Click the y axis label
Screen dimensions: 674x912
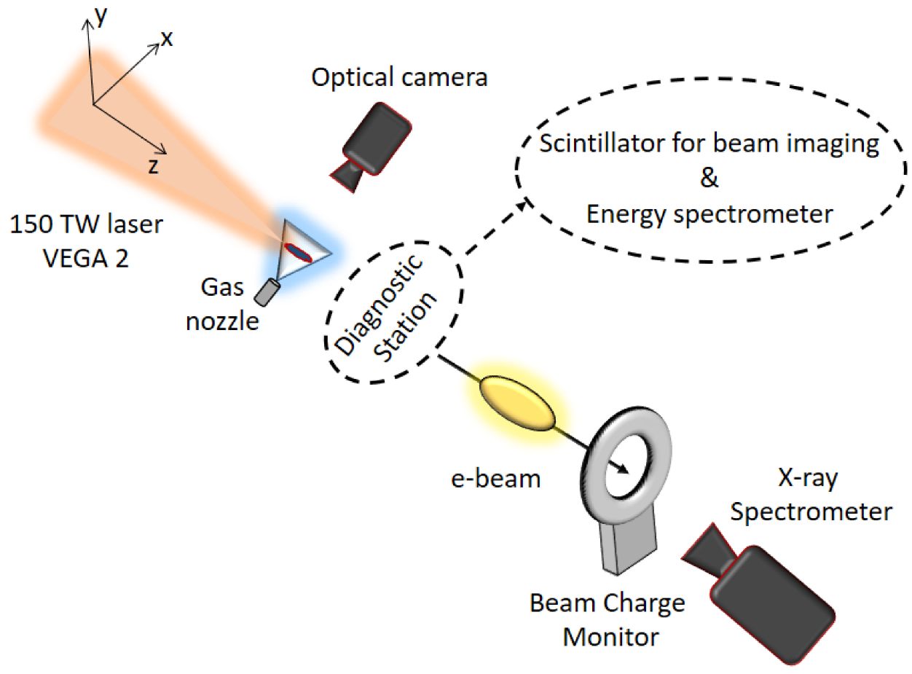coord(100,17)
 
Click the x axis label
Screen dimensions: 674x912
coord(167,38)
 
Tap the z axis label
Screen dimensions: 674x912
coord(153,166)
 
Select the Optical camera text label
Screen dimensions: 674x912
coord(399,77)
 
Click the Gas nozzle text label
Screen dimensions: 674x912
coord(222,306)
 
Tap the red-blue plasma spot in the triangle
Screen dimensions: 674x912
coord(297,252)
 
